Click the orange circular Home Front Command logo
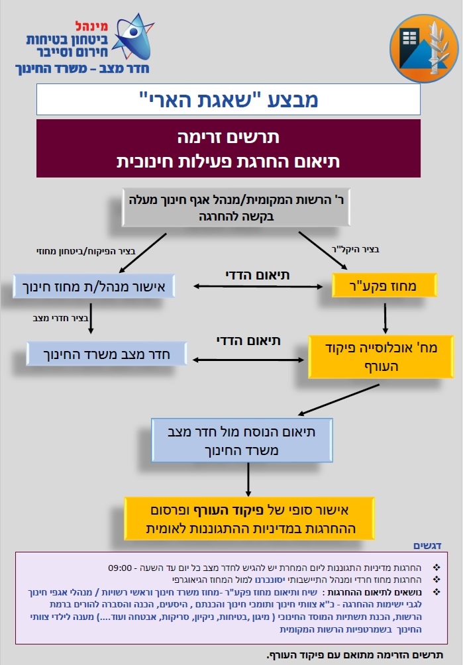pyautogui.click(x=424, y=48)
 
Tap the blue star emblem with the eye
pyautogui.click(x=132, y=37)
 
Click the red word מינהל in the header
pyautogui.click(x=91, y=26)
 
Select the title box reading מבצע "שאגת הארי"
pyautogui.click(x=228, y=99)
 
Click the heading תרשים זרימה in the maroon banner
pyautogui.click(x=228, y=137)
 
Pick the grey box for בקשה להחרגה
pyautogui.click(x=236, y=207)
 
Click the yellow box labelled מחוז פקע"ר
pyautogui.click(x=384, y=285)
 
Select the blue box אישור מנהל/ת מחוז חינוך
pyautogui.click(x=93, y=286)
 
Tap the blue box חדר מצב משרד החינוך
pyautogui.click(x=107, y=354)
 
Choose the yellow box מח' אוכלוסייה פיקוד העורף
pyautogui.click(x=381, y=356)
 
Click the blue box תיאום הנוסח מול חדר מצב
pyautogui.click(x=242, y=440)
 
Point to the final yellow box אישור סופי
pyautogui.click(x=249, y=518)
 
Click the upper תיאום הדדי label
pyautogui.click(x=258, y=276)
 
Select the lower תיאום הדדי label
pyautogui.click(x=248, y=340)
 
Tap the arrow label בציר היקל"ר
pyautogui.click(x=356, y=249)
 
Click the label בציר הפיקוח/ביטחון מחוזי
pyautogui.click(x=86, y=251)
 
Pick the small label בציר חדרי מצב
pyautogui.click(x=60, y=318)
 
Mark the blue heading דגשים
pyautogui.click(x=427, y=545)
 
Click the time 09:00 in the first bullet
pyautogui.click(x=120, y=568)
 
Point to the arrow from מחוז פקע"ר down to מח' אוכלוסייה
pyautogui.click(x=385, y=318)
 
